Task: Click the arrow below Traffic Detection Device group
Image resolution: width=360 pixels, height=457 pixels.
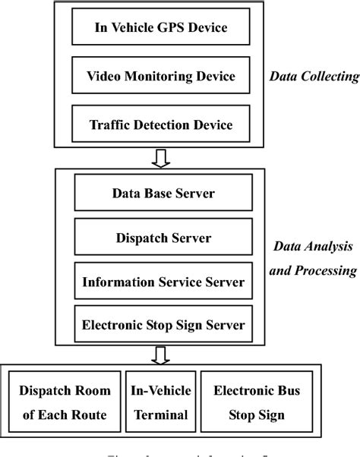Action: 159,158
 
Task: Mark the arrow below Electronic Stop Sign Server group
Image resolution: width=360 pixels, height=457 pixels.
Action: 159,354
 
